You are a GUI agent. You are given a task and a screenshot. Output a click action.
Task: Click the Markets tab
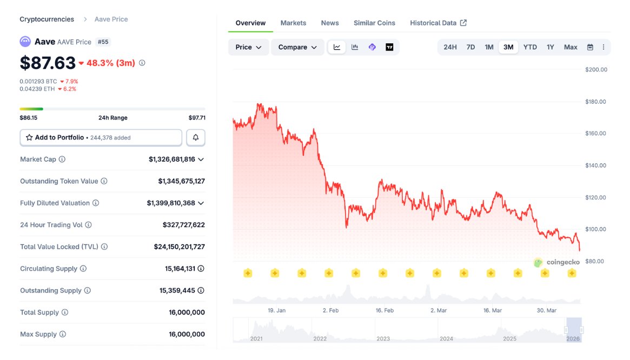click(x=293, y=23)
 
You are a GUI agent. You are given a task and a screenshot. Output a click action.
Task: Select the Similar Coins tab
click(x=374, y=23)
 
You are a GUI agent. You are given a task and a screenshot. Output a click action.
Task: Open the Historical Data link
click(x=438, y=23)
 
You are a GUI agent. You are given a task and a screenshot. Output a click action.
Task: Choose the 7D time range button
click(x=470, y=47)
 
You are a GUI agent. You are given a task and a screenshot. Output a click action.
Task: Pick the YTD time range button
click(x=530, y=47)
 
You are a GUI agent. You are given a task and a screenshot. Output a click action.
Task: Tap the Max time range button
click(x=571, y=47)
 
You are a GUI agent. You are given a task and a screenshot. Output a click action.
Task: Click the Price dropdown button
click(x=248, y=47)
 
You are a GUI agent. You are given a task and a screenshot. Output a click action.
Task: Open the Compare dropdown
click(x=297, y=47)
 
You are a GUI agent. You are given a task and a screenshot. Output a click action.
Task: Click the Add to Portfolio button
click(x=101, y=137)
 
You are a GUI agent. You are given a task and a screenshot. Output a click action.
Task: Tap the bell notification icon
click(x=196, y=137)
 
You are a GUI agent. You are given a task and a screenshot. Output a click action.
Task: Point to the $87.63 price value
click(x=48, y=63)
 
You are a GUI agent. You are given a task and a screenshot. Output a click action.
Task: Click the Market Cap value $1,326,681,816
click(x=172, y=159)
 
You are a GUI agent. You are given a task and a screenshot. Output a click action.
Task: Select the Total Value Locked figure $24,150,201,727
click(x=180, y=246)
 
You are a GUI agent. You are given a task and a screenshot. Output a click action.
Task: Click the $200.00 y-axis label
click(x=596, y=69)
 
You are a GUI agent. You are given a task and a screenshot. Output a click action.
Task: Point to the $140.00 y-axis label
click(x=596, y=165)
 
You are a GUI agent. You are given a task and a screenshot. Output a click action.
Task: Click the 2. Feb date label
click(x=330, y=310)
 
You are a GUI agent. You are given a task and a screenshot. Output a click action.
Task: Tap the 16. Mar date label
click(x=493, y=310)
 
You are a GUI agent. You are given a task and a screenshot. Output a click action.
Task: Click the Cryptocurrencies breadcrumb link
click(x=47, y=19)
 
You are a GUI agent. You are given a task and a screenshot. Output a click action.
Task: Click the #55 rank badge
click(x=103, y=42)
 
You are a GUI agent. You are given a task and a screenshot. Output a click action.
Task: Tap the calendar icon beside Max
click(x=590, y=47)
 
